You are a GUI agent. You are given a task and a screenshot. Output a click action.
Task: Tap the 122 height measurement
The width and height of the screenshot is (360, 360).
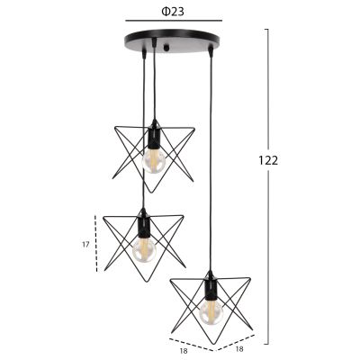coord(267,160)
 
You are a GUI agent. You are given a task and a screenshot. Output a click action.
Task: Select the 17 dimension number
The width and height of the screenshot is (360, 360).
coord(85,243)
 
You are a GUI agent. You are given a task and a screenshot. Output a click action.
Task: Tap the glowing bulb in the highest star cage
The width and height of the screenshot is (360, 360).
coord(154,160)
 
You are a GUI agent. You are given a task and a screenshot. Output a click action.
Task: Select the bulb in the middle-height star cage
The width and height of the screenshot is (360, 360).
coord(141,249)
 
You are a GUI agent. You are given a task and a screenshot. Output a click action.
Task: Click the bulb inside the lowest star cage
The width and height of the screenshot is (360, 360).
coord(210,311)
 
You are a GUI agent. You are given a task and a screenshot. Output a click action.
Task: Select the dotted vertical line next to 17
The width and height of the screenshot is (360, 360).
coord(97,243)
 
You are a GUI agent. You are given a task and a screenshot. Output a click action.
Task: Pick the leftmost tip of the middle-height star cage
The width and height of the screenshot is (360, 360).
coord(102,219)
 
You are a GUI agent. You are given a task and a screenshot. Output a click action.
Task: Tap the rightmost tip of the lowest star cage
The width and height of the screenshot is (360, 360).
coord(255,281)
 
